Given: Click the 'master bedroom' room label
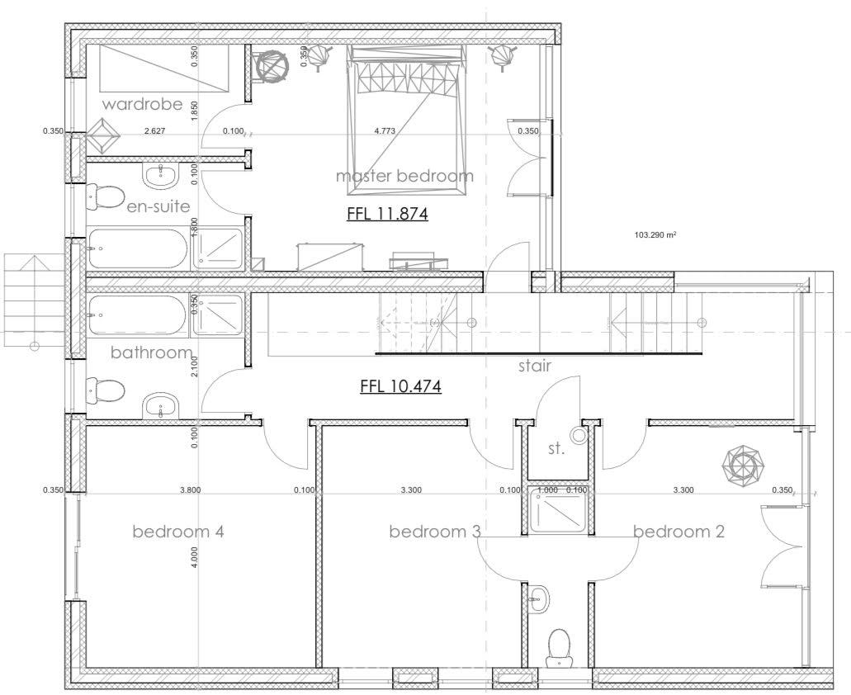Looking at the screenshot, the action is [404, 176].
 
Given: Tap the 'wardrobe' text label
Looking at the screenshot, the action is [142, 104].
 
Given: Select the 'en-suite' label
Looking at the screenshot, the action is [158, 206].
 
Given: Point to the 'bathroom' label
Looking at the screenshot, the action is [151, 352].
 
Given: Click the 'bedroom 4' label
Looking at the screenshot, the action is [178, 531].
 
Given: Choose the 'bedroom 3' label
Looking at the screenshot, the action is [435, 531].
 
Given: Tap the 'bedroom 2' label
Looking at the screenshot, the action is [679, 531].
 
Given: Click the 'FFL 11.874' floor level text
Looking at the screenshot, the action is [387, 214].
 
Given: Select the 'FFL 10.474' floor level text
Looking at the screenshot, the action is [401, 385].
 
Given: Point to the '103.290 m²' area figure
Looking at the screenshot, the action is [655, 235].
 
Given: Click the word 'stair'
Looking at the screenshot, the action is [535, 366].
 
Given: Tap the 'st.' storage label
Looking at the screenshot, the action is [556, 449].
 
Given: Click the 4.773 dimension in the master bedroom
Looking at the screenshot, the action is [385, 130].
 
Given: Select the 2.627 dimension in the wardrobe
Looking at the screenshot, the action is [154, 130].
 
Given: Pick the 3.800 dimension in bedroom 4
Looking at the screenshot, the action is [190, 490].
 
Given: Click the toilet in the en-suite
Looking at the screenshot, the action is [106, 196].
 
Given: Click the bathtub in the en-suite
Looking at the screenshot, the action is [138, 248].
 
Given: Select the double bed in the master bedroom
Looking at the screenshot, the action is [407, 121].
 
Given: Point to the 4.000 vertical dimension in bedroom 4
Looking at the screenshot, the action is [195, 556].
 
